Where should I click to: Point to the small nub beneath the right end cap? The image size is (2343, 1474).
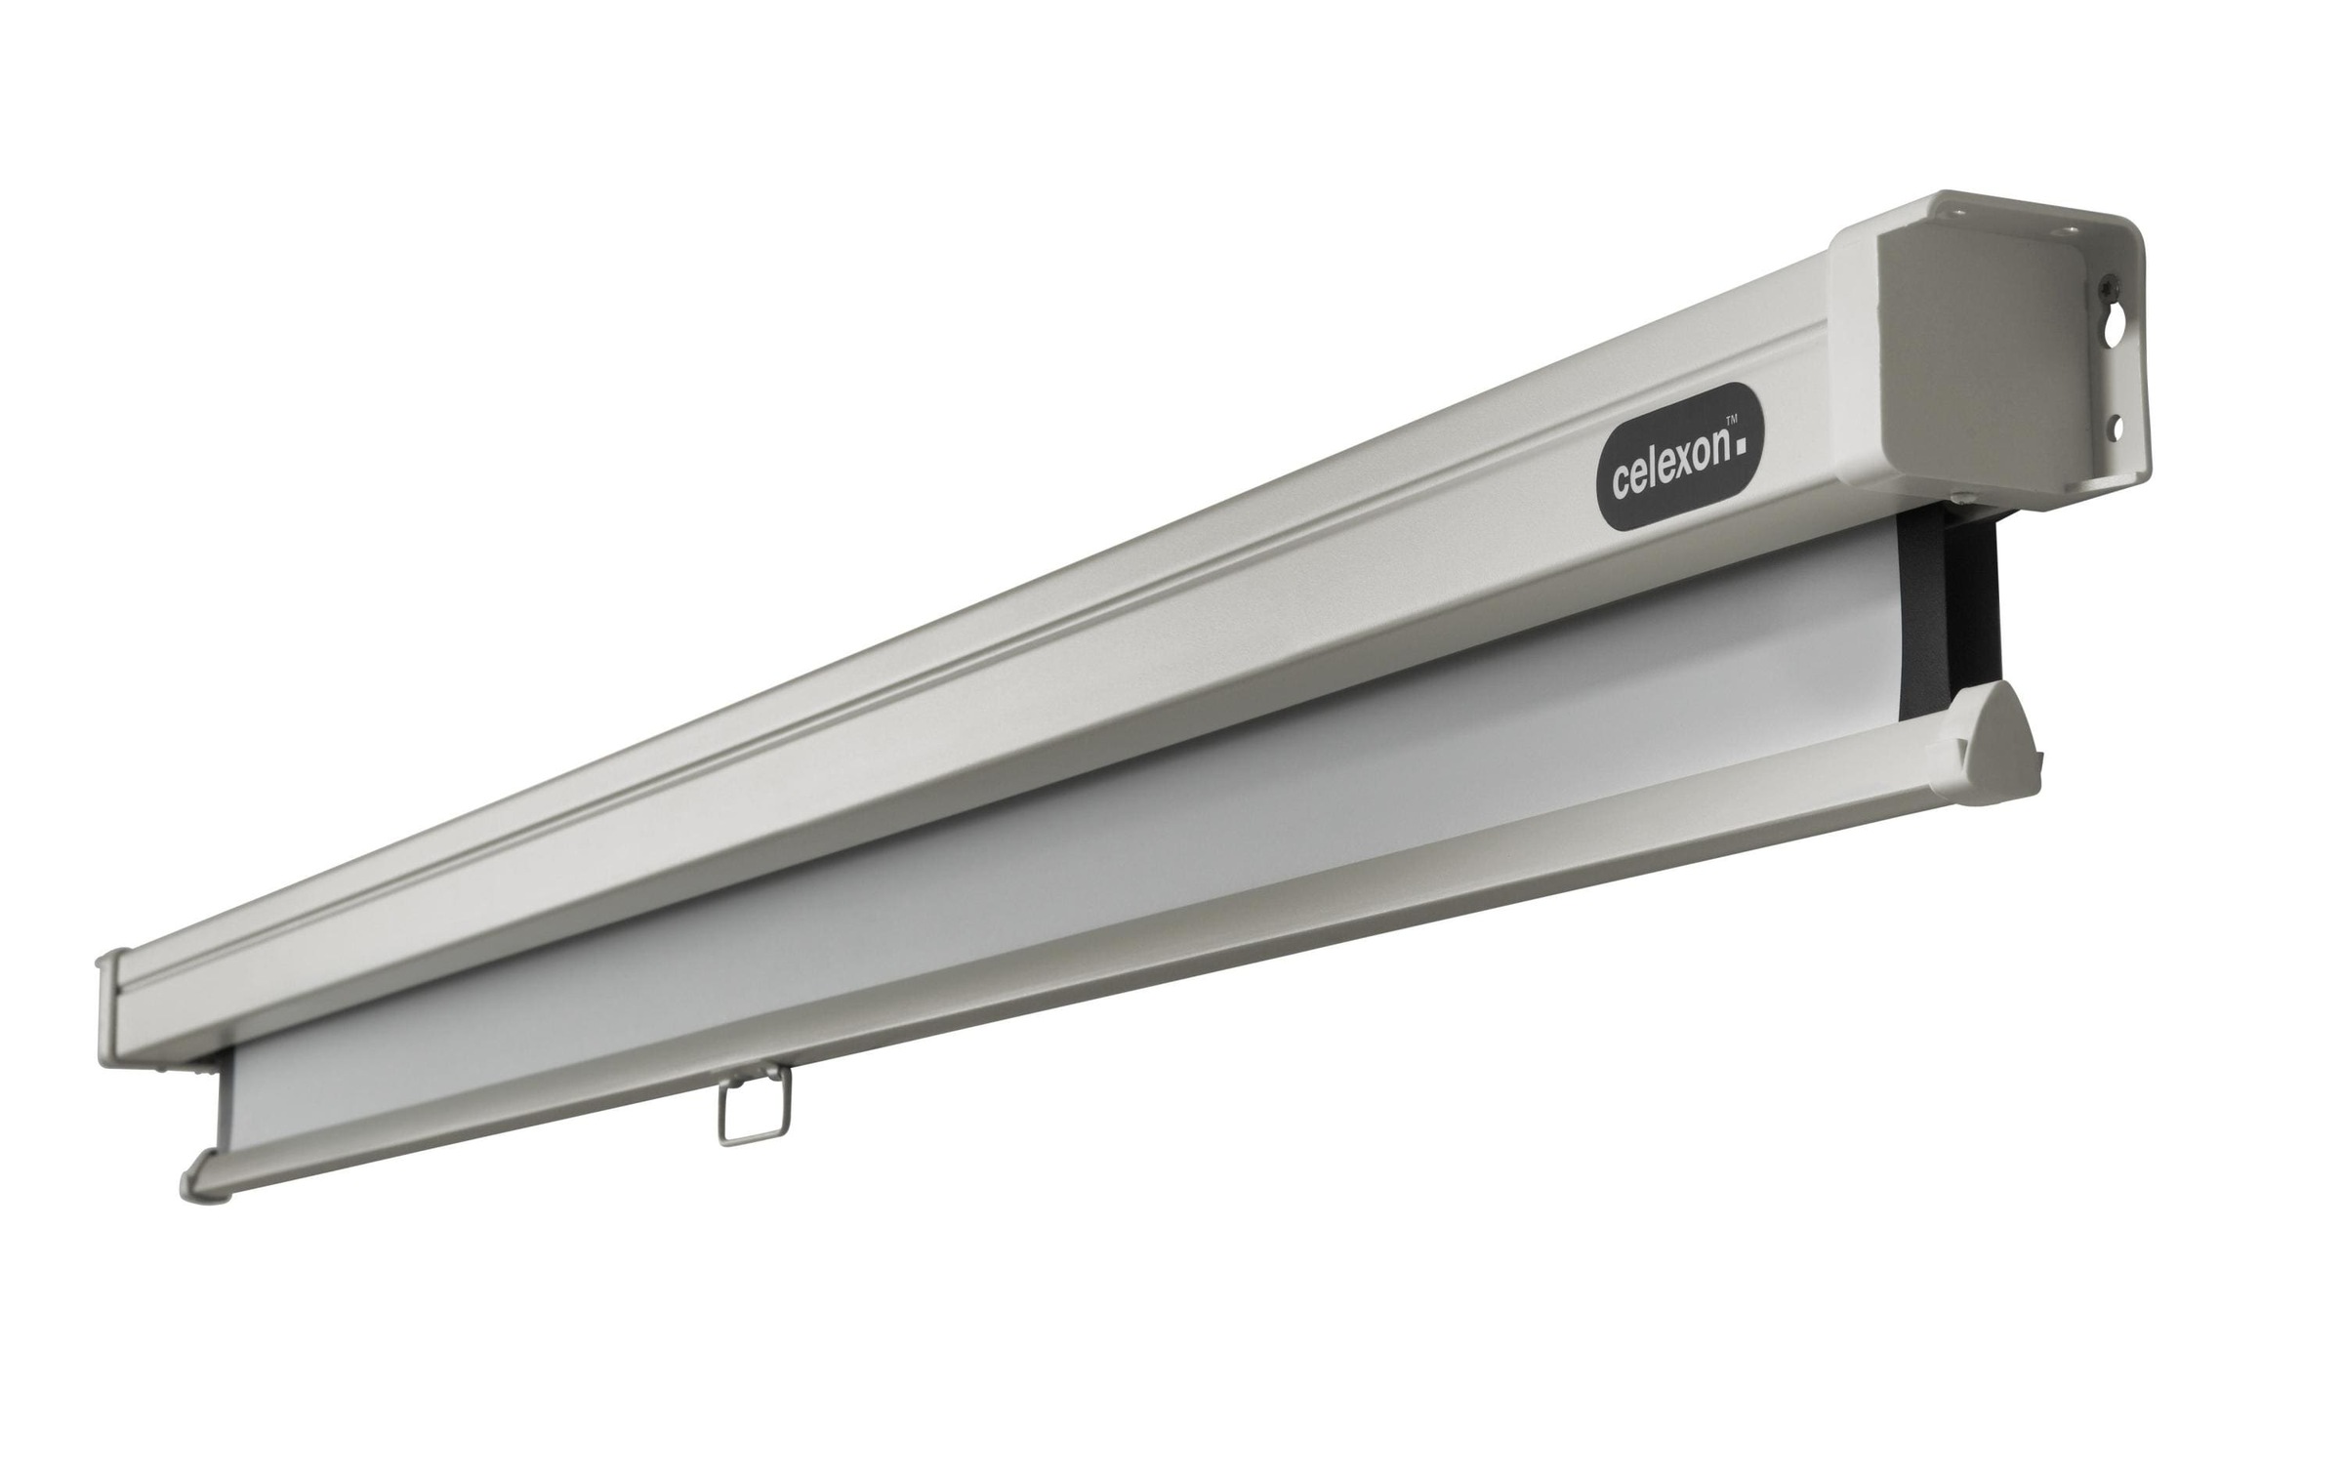(x=1931, y=504)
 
